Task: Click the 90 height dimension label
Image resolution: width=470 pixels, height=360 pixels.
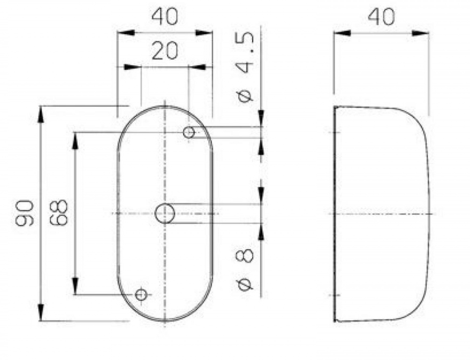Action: (25, 213)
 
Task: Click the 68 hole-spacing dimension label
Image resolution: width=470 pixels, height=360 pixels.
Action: (58, 212)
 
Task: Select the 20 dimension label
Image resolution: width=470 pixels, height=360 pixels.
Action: (164, 51)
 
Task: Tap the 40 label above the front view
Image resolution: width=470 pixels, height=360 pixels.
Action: (164, 17)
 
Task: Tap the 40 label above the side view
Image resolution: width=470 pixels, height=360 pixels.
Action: (381, 17)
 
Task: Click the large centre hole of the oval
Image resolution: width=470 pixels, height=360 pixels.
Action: (165, 214)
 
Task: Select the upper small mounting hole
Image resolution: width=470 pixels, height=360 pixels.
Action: (189, 132)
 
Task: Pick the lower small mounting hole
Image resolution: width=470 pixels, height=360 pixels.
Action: (141, 295)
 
